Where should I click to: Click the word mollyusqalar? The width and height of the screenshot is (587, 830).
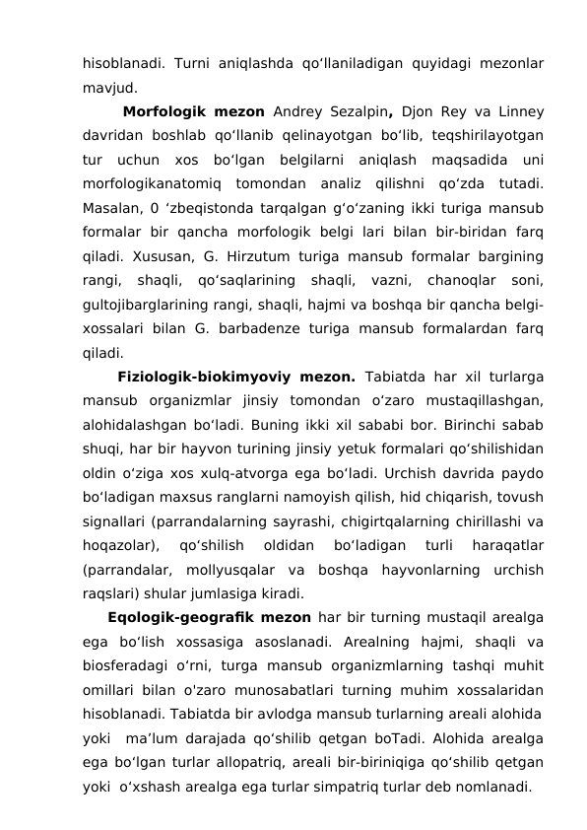click(270, 569)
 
